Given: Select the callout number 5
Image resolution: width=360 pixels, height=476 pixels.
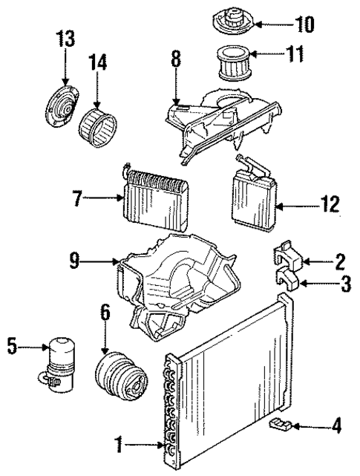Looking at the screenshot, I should [13, 346].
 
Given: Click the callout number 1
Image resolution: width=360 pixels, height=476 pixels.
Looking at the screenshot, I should [118, 446].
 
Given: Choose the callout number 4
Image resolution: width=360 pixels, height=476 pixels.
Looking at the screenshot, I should [336, 426].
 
